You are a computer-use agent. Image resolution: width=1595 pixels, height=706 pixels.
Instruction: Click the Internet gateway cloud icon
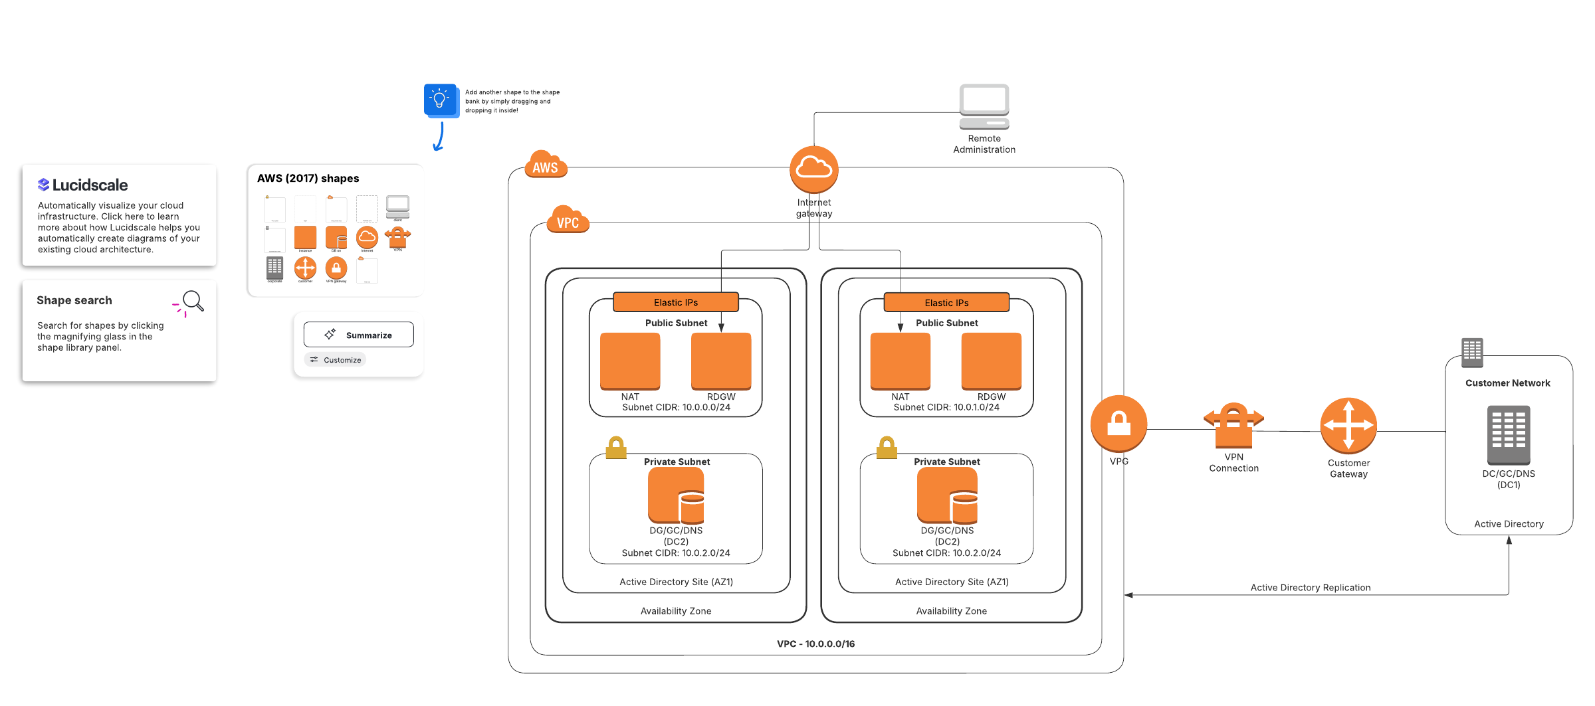tap(813, 169)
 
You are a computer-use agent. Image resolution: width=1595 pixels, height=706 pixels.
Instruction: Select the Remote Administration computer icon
tap(984, 106)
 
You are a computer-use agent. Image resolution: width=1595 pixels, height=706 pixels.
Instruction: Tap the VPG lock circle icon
tap(1118, 424)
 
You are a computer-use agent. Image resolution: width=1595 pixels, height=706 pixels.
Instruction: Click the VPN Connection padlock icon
tap(1233, 425)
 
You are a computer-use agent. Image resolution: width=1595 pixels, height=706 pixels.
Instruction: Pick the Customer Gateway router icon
tap(1348, 425)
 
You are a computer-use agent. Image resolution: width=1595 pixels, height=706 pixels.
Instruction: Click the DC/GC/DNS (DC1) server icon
tap(1508, 435)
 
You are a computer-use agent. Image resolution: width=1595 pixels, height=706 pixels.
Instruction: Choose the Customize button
tap(336, 360)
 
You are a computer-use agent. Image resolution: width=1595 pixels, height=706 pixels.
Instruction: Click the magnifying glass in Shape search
tap(193, 302)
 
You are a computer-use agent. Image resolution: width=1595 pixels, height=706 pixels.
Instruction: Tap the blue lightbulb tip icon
tap(440, 100)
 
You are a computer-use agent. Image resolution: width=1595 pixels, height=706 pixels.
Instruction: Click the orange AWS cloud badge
tap(545, 165)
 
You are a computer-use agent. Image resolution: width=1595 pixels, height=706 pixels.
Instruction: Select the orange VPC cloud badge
tap(568, 220)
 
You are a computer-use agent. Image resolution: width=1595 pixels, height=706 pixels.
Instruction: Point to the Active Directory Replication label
tap(1310, 588)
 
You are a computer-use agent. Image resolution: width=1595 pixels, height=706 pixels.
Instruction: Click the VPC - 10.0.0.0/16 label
tap(815, 644)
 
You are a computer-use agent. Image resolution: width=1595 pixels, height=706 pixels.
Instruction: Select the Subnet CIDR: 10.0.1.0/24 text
tap(946, 407)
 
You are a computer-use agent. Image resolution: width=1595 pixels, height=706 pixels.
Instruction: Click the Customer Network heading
tap(1507, 383)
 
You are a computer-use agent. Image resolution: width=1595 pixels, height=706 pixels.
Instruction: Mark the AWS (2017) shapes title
tap(308, 179)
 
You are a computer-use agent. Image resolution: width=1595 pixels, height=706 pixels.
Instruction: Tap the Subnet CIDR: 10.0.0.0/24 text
tap(676, 407)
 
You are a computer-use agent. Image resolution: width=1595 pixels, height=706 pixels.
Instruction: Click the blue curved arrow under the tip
tap(439, 137)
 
